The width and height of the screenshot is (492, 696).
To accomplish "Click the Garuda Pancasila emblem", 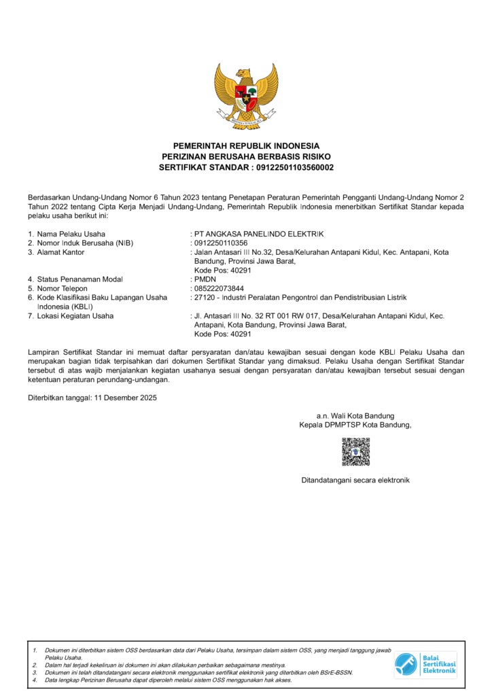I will (x=246, y=96).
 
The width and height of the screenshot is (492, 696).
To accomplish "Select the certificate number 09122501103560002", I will (x=294, y=167).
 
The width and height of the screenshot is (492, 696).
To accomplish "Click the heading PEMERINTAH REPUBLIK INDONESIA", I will (x=246, y=145).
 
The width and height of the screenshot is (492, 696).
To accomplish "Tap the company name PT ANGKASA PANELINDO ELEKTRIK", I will (x=259, y=234).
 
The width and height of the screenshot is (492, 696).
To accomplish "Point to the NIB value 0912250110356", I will (x=221, y=243).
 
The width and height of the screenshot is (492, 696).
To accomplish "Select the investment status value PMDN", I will (x=203, y=279).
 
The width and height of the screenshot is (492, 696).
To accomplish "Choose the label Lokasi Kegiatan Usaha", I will (x=75, y=315).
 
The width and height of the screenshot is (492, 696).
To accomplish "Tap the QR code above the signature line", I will (x=355, y=452).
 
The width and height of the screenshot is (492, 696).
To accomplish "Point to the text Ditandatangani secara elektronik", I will (x=355, y=481).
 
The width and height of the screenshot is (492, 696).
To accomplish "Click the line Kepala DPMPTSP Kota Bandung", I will (x=355, y=425).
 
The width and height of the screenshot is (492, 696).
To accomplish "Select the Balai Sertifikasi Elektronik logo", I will (x=426, y=663).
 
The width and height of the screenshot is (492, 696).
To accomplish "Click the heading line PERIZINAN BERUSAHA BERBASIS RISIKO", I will (x=246, y=156).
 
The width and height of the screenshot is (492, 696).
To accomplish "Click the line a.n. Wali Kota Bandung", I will (x=355, y=416).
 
